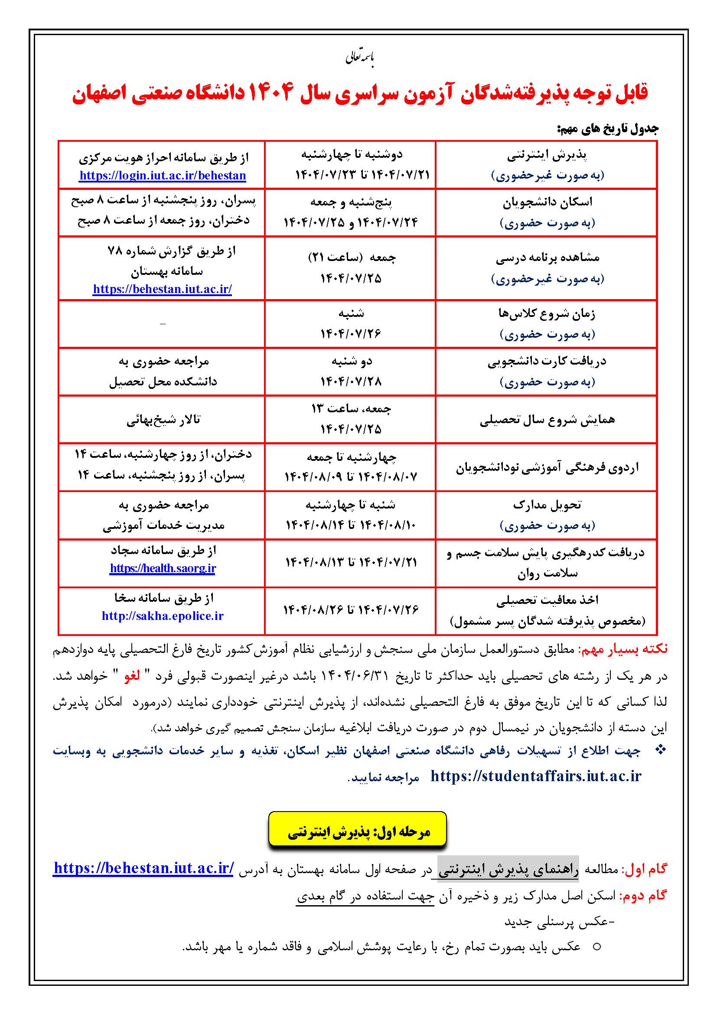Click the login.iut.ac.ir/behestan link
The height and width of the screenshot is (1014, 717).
(x=163, y=175)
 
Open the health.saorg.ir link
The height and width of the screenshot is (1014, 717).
(x=163, y=568)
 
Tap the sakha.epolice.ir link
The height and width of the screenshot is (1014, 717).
(x=163, y=616)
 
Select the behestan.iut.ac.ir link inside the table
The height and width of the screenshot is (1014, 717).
(x=163, y=289)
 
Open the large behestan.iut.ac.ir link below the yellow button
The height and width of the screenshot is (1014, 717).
(x=143, y=868)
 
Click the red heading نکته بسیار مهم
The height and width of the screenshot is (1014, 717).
(x=623, y=649)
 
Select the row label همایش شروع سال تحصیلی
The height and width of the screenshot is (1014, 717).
(x=547, y=419)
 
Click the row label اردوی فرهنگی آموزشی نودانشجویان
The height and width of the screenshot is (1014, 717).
(x=547, y=467)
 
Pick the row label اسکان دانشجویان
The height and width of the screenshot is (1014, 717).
(x=547, y=202)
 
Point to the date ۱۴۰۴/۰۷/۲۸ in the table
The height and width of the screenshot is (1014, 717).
(x=351, y=381)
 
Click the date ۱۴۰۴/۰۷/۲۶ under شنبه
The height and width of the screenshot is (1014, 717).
(x=351, y=333)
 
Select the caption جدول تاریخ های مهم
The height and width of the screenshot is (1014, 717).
(x=607, y=129)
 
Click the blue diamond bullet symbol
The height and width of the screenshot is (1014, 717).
(x=660, y=750)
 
